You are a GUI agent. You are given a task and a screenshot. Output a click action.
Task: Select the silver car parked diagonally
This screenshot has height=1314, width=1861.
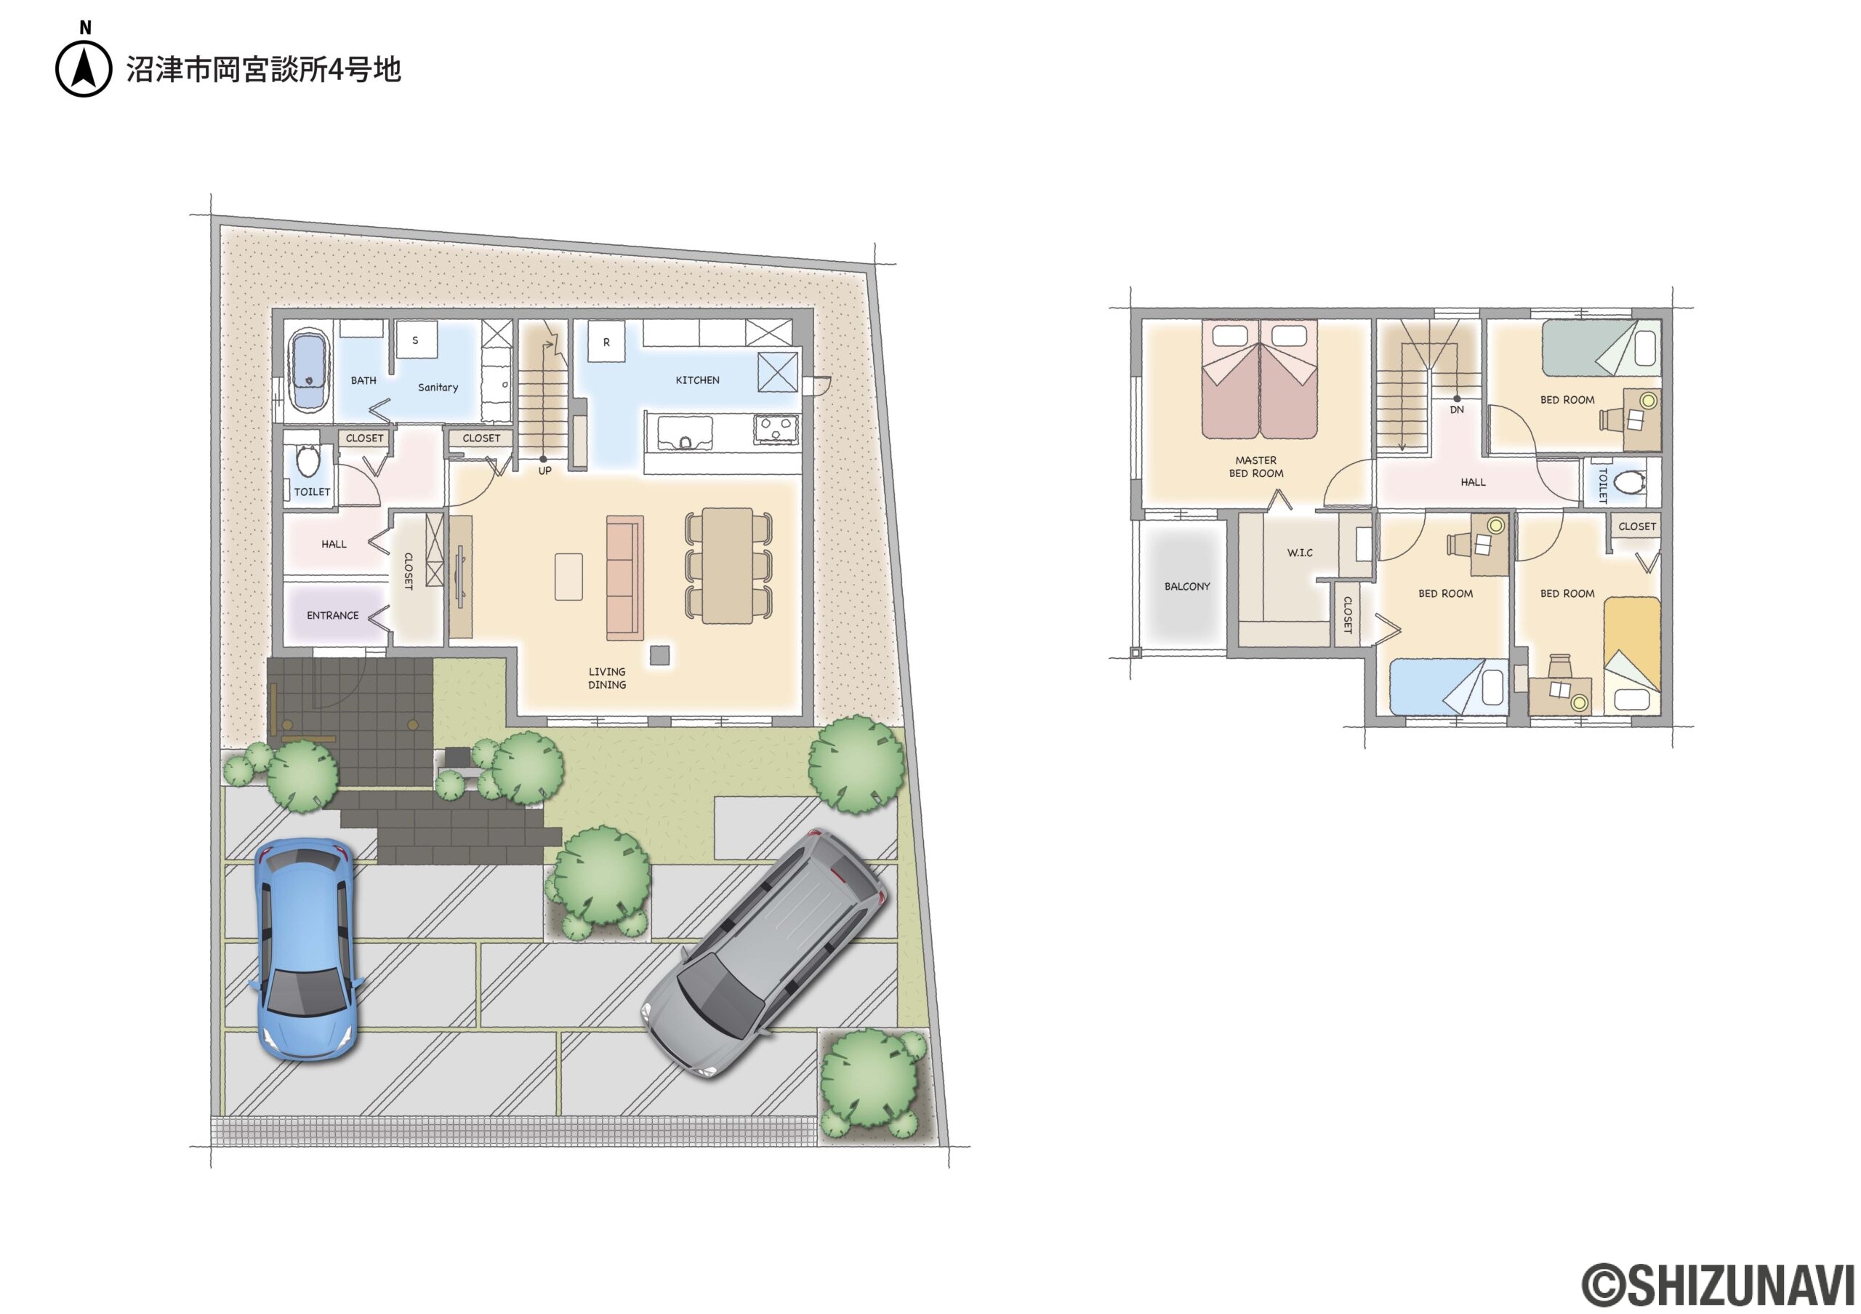[764, 953]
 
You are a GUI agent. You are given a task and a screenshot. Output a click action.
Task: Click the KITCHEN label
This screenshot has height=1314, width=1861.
[697, 380]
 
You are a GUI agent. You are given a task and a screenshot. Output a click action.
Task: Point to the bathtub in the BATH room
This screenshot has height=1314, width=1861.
[308, 370]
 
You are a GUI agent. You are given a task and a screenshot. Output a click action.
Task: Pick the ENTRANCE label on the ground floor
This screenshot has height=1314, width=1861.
[332, 615]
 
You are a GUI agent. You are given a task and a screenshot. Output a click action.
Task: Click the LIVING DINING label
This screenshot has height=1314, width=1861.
[607, 678]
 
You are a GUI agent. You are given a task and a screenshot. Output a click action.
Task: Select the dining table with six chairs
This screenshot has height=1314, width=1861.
[728, 565]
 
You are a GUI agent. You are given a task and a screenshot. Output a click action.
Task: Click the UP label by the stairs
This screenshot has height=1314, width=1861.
[544, 471]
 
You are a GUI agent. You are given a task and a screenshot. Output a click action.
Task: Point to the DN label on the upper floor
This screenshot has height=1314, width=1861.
[1457, 410]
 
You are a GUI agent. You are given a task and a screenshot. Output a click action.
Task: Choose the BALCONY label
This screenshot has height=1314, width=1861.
[1186, 586]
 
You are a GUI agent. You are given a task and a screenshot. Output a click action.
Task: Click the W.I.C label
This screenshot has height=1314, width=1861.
[1299, 553]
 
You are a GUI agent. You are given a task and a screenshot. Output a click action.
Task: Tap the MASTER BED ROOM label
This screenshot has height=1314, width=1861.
[1256, 467]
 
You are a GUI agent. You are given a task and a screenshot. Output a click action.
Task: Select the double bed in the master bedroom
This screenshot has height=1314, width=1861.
[1260, 380]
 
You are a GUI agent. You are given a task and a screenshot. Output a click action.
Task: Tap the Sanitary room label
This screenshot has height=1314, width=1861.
[438, 388]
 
